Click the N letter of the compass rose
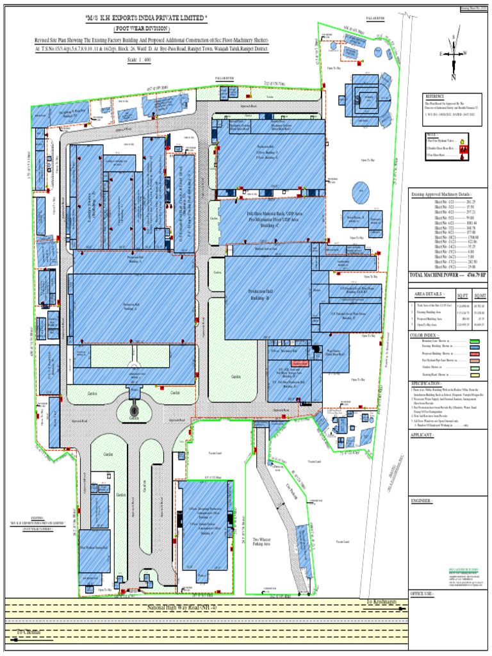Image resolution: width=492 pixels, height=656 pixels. pyautogui.click(x=453, y=78)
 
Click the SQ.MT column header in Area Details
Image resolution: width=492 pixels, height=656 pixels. pyautogui.click(x=479, y=295)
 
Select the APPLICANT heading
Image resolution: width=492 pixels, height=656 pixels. pyautogui.click(x=423, y=436)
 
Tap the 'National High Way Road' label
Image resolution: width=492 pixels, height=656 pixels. pyautogui.click(x=182, y=607)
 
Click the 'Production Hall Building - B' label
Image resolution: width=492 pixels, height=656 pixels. pyautogui.click(x=258, y=295)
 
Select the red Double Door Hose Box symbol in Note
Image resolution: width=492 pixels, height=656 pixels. pyautogui.click(x=464, y=147)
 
